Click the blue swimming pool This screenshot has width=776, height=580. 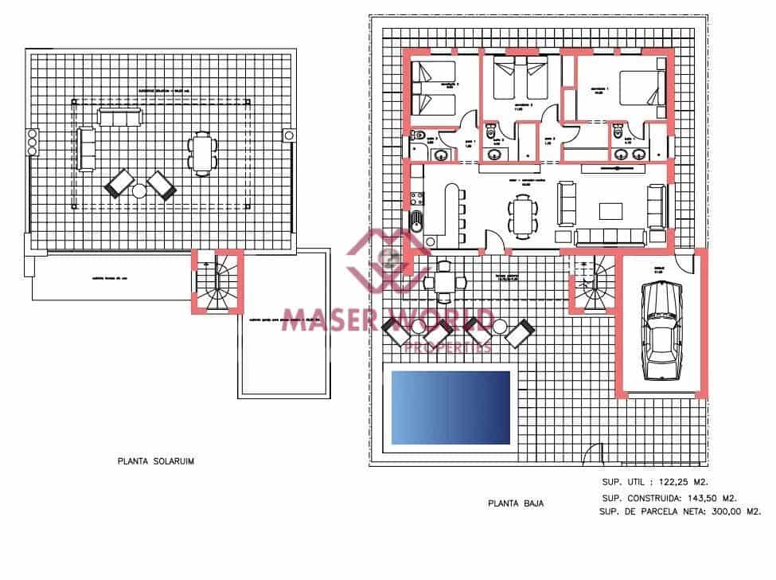tap(450, 407)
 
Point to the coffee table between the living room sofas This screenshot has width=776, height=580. tap(610, 210)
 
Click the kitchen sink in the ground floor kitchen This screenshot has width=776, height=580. tap(415, 218)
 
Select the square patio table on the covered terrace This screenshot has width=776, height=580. tap(439, 282)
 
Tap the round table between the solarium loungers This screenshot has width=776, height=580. tap(139, 190)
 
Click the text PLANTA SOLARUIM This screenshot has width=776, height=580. tap(155, 460)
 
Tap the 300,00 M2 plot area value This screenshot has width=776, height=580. tap(730, 511)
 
